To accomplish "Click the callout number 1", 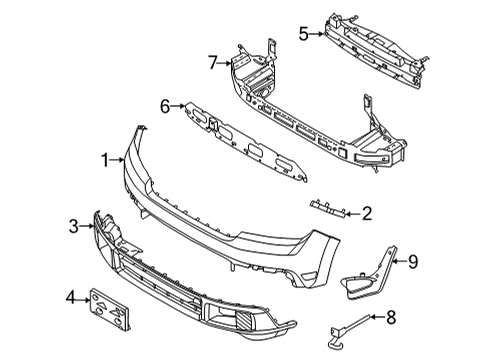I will (x=103, y=159).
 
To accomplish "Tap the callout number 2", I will (x=367, y=212).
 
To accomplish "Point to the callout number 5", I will (x=303, y=33).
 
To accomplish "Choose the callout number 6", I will (x=166, y=103).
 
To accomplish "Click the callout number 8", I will (x=391, y=319).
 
